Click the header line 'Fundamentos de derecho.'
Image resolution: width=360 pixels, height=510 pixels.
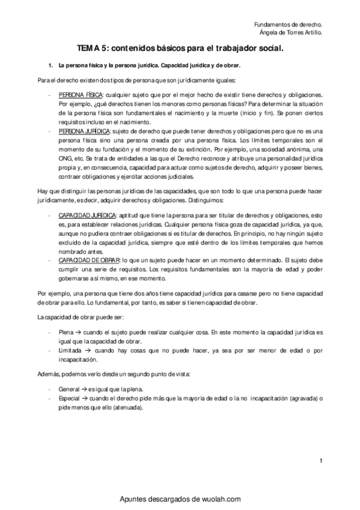(288, 24)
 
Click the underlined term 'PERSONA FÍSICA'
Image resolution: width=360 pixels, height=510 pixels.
(81, 96)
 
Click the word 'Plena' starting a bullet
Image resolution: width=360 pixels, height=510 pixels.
(66, 331)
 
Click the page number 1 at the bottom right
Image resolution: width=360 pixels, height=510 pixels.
(322, 461)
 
